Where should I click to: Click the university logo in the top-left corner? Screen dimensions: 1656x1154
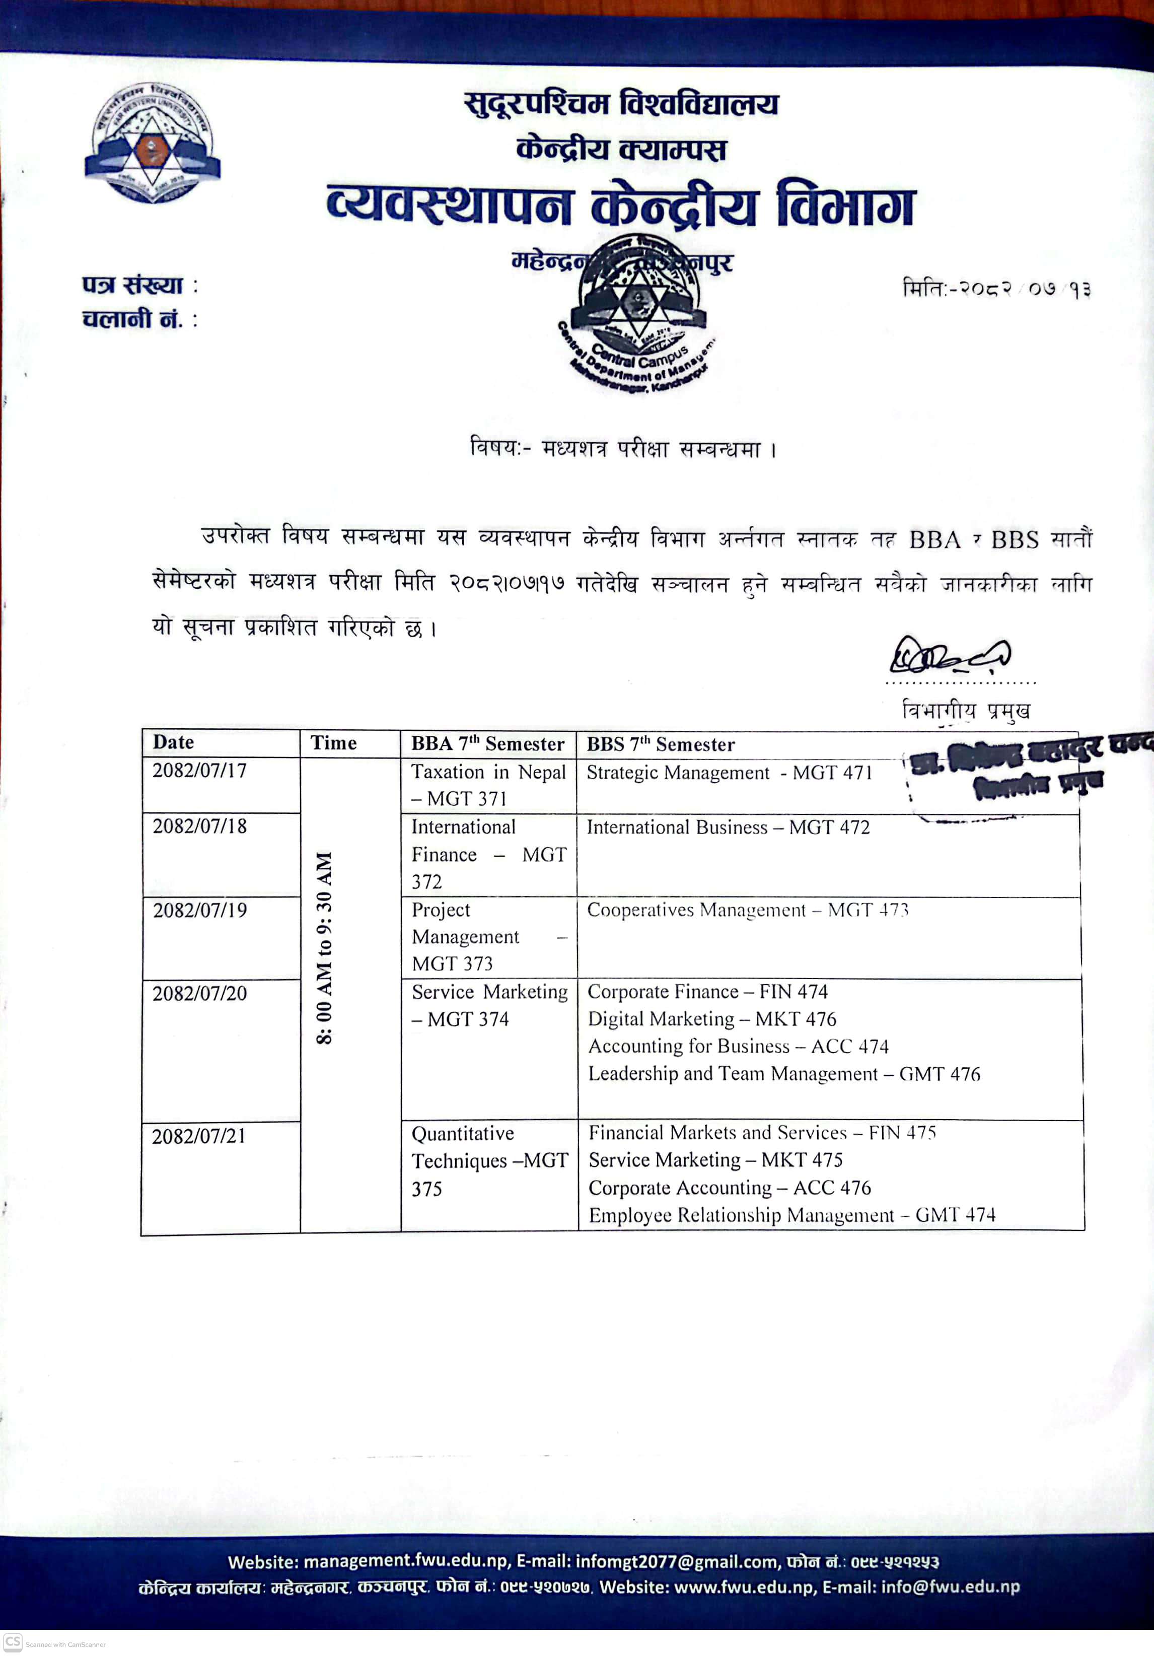pyautogui.click(x=152, y=143)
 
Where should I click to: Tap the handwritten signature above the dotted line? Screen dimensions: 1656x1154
pyautogui.click(x=949, y=655)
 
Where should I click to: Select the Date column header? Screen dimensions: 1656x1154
pyautogui.click(x=174, y=742)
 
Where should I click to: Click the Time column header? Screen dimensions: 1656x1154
pyautogui.click(x=333, y=743)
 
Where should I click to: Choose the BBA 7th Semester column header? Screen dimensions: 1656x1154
pyautogui.click(x=487, y=743)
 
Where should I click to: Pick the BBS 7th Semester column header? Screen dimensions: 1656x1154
pyautogui.click(x=660, y=744)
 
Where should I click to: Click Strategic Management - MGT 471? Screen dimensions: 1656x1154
pyautogui.click(x=729, y=773)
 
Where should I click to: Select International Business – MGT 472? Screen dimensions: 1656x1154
pyautogui.click(x=728, y=827)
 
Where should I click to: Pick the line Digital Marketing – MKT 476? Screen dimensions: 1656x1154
pyautogui.click(x=712, y=1018)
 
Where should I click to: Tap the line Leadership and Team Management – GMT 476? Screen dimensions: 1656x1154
pyautogui.click(x=784, y=1073)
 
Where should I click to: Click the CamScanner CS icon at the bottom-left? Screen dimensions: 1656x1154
pyautogui.click(x=13, y=1641)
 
